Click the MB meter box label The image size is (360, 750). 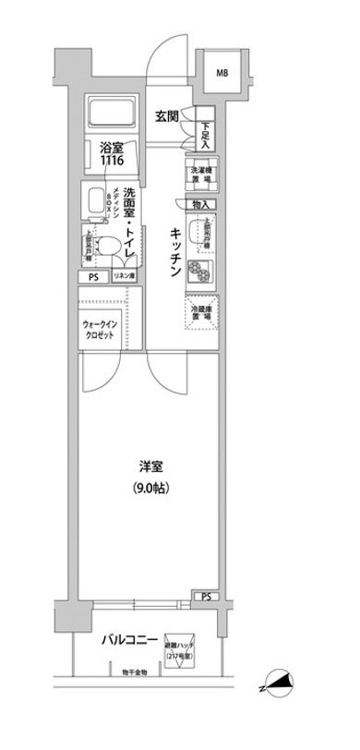point(223,73)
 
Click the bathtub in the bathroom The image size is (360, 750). point(114,115)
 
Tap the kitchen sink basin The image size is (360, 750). point(200,236)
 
